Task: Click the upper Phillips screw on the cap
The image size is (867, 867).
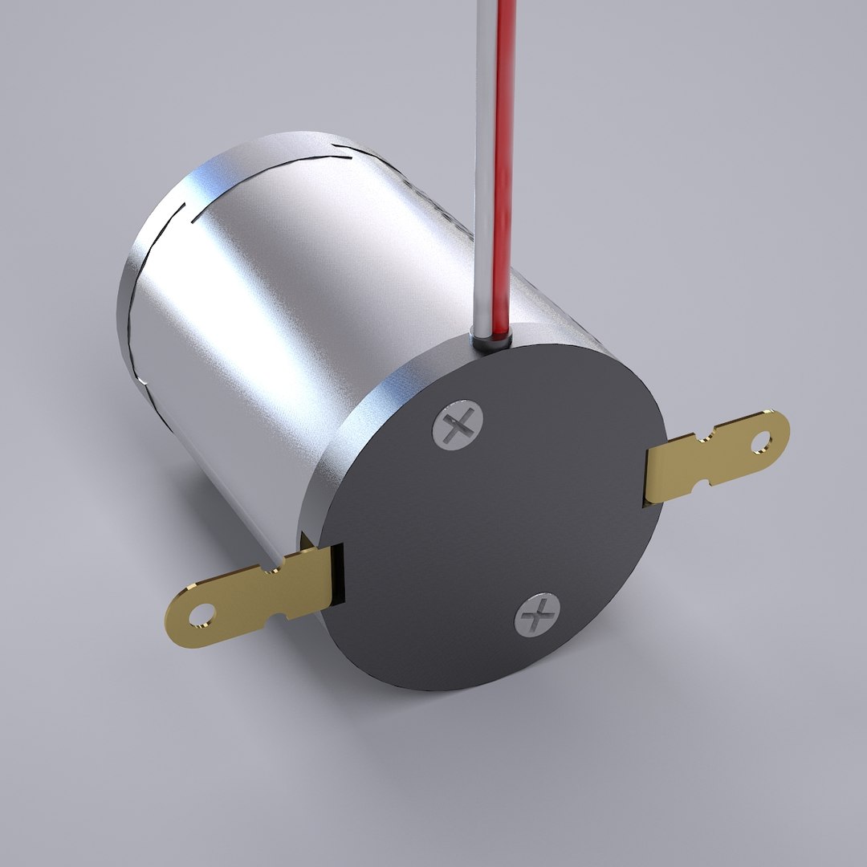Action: click(x=458, y=426)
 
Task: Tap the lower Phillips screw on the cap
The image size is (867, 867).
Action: click(x=537, y=615)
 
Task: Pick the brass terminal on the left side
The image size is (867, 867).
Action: click(x=249, y=594)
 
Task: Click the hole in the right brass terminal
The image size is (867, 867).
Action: click(x=759, y=440)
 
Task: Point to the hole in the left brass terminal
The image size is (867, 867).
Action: click(x=197, y=617)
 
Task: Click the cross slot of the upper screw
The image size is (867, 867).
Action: click(x=458, y=426)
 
